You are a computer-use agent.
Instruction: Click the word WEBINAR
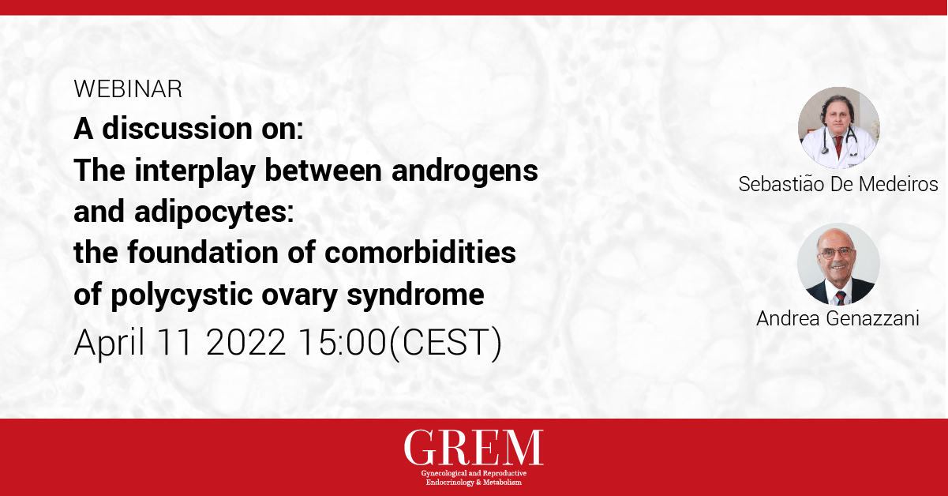[128, 89]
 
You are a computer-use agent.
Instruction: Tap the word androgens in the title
[465, 171]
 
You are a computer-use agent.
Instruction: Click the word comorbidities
[420, 253]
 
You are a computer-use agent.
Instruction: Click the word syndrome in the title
[415, 295]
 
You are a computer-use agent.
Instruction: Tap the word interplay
[195, 171]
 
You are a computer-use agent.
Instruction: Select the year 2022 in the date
[245, 342]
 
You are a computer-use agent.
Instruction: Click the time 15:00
[343, 342]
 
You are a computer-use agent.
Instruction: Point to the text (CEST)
[445, 343]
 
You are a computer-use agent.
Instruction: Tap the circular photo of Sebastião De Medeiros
[839, 128]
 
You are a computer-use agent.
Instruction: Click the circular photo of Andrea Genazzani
[839, 265]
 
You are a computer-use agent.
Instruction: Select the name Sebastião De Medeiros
[838, 184]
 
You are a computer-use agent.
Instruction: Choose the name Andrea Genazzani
[837, 318]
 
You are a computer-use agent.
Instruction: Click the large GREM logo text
[474, 448]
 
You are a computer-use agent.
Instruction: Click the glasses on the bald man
[836, 253]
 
